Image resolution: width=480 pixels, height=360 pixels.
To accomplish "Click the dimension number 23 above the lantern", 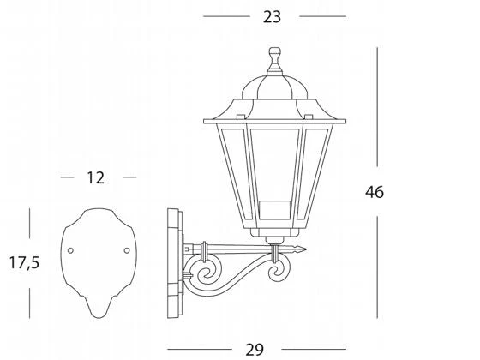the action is click(x=272, y=17).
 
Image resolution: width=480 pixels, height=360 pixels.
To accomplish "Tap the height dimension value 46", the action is click(x=374, y=192).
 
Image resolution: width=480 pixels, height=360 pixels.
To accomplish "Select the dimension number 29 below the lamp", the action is click(x=255, y=350).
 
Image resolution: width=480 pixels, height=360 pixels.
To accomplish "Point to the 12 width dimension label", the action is click(x=95, y=177).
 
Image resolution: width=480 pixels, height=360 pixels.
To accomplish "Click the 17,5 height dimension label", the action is click(x=24, y=262).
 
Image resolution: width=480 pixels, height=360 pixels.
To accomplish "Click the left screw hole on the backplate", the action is click(x=70, y=250).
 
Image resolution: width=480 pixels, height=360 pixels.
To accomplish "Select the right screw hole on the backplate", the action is click(x=127, y=250).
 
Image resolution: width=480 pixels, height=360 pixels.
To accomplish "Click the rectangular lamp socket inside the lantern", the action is click(x=274, y=210).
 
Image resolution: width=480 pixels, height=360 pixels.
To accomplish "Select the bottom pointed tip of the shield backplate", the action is click(x=99, y=318).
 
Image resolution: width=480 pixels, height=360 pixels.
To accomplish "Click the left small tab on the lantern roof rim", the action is click(x=241, y=117).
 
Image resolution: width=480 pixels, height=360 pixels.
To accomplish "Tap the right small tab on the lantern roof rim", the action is click(x=309, y=117).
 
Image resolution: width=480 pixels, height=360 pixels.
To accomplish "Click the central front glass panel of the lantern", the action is click(x=274, y=165).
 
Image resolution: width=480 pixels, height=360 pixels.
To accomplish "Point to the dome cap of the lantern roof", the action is click(x=274, y=87).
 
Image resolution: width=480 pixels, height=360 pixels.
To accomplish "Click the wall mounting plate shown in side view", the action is click(x=175, y=263).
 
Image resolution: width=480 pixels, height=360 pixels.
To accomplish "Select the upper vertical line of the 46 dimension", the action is click(x=377, y=107).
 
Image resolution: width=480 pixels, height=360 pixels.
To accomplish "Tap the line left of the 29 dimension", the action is click(x=200, y=349).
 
